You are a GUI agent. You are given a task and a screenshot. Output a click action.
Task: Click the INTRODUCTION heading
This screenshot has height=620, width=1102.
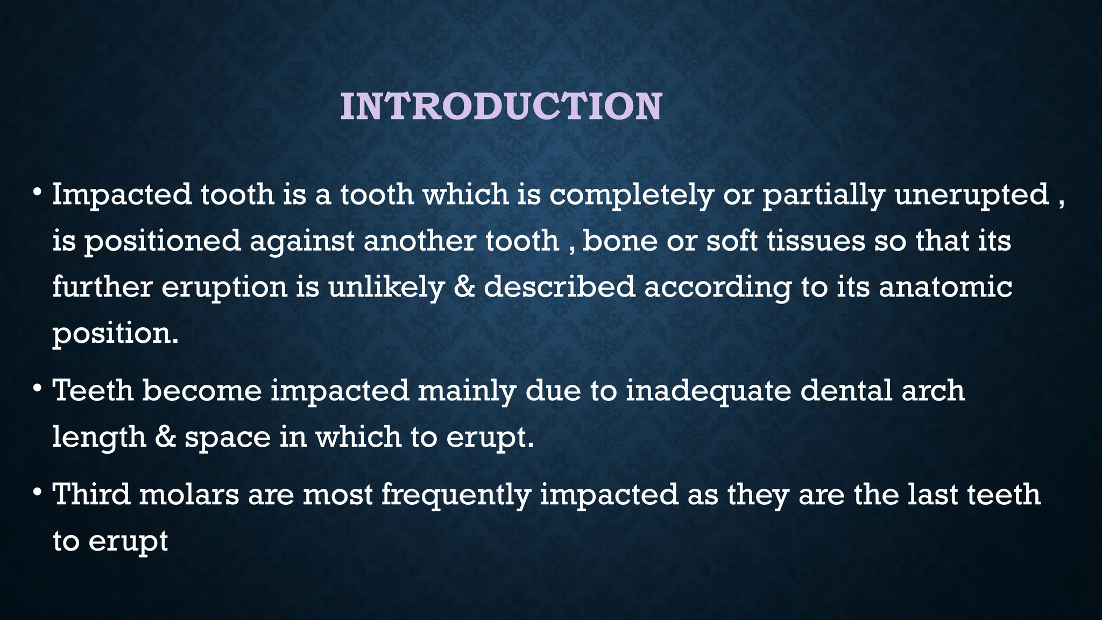[501, 107]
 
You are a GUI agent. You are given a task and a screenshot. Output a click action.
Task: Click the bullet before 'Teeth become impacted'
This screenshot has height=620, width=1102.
[37, 389]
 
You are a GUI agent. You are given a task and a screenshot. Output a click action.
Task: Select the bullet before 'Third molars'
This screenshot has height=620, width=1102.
[37, 493]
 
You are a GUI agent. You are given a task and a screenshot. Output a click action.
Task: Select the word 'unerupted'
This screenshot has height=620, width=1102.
[972, 195]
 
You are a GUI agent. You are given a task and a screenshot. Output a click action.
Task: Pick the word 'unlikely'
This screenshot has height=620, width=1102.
[386, 287]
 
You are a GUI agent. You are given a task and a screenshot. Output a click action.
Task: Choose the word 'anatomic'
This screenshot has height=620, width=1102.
[945, 287]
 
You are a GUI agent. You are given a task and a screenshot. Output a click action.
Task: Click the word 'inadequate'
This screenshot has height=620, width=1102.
[708, 390]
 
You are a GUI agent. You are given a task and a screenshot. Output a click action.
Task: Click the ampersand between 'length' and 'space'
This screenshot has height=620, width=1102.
[166, 436]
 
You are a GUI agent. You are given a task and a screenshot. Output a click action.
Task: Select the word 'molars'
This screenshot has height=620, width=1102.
[189, 494]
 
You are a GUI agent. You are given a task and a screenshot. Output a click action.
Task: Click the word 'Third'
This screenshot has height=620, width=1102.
[91, 494]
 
